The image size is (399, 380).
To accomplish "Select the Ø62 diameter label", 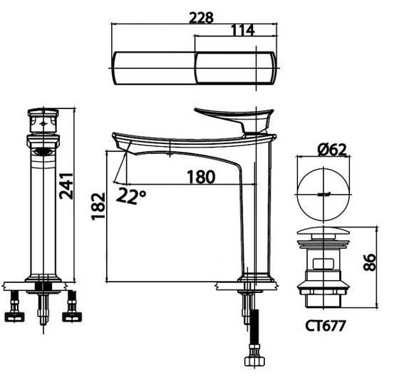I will [x=328, y=150].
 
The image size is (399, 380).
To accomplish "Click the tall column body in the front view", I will [x=44, y=214].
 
